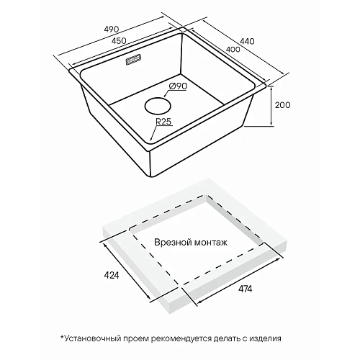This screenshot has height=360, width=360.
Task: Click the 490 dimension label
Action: [x=112, y=29]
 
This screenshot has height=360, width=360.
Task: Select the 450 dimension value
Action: [x=119, y=41]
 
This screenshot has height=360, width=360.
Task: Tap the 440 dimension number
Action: [x=247, y=41]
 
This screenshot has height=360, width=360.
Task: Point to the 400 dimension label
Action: [x=233, y=49]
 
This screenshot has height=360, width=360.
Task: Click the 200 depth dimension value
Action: [x=282, y=105]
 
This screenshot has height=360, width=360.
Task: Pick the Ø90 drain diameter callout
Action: [x=178, y=86]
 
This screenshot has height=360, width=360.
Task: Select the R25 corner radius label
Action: [x=163, y=122]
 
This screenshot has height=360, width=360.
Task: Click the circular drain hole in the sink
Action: [x=158, y=106]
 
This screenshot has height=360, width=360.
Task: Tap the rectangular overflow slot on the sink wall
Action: [x=134, y=59]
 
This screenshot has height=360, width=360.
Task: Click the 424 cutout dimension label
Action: [x=112, y=275]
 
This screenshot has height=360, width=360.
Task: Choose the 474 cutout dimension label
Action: [x=245, y=289]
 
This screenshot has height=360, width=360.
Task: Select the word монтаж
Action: [x=210, y=243]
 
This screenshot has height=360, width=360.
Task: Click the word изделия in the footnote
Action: [x=265, y=339]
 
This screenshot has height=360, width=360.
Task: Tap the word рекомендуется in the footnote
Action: [x=181, y=339]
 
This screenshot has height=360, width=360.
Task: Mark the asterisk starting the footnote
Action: [x=63, y=337]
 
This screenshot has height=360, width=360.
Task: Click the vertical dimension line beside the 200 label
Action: [x=271, y=106]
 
